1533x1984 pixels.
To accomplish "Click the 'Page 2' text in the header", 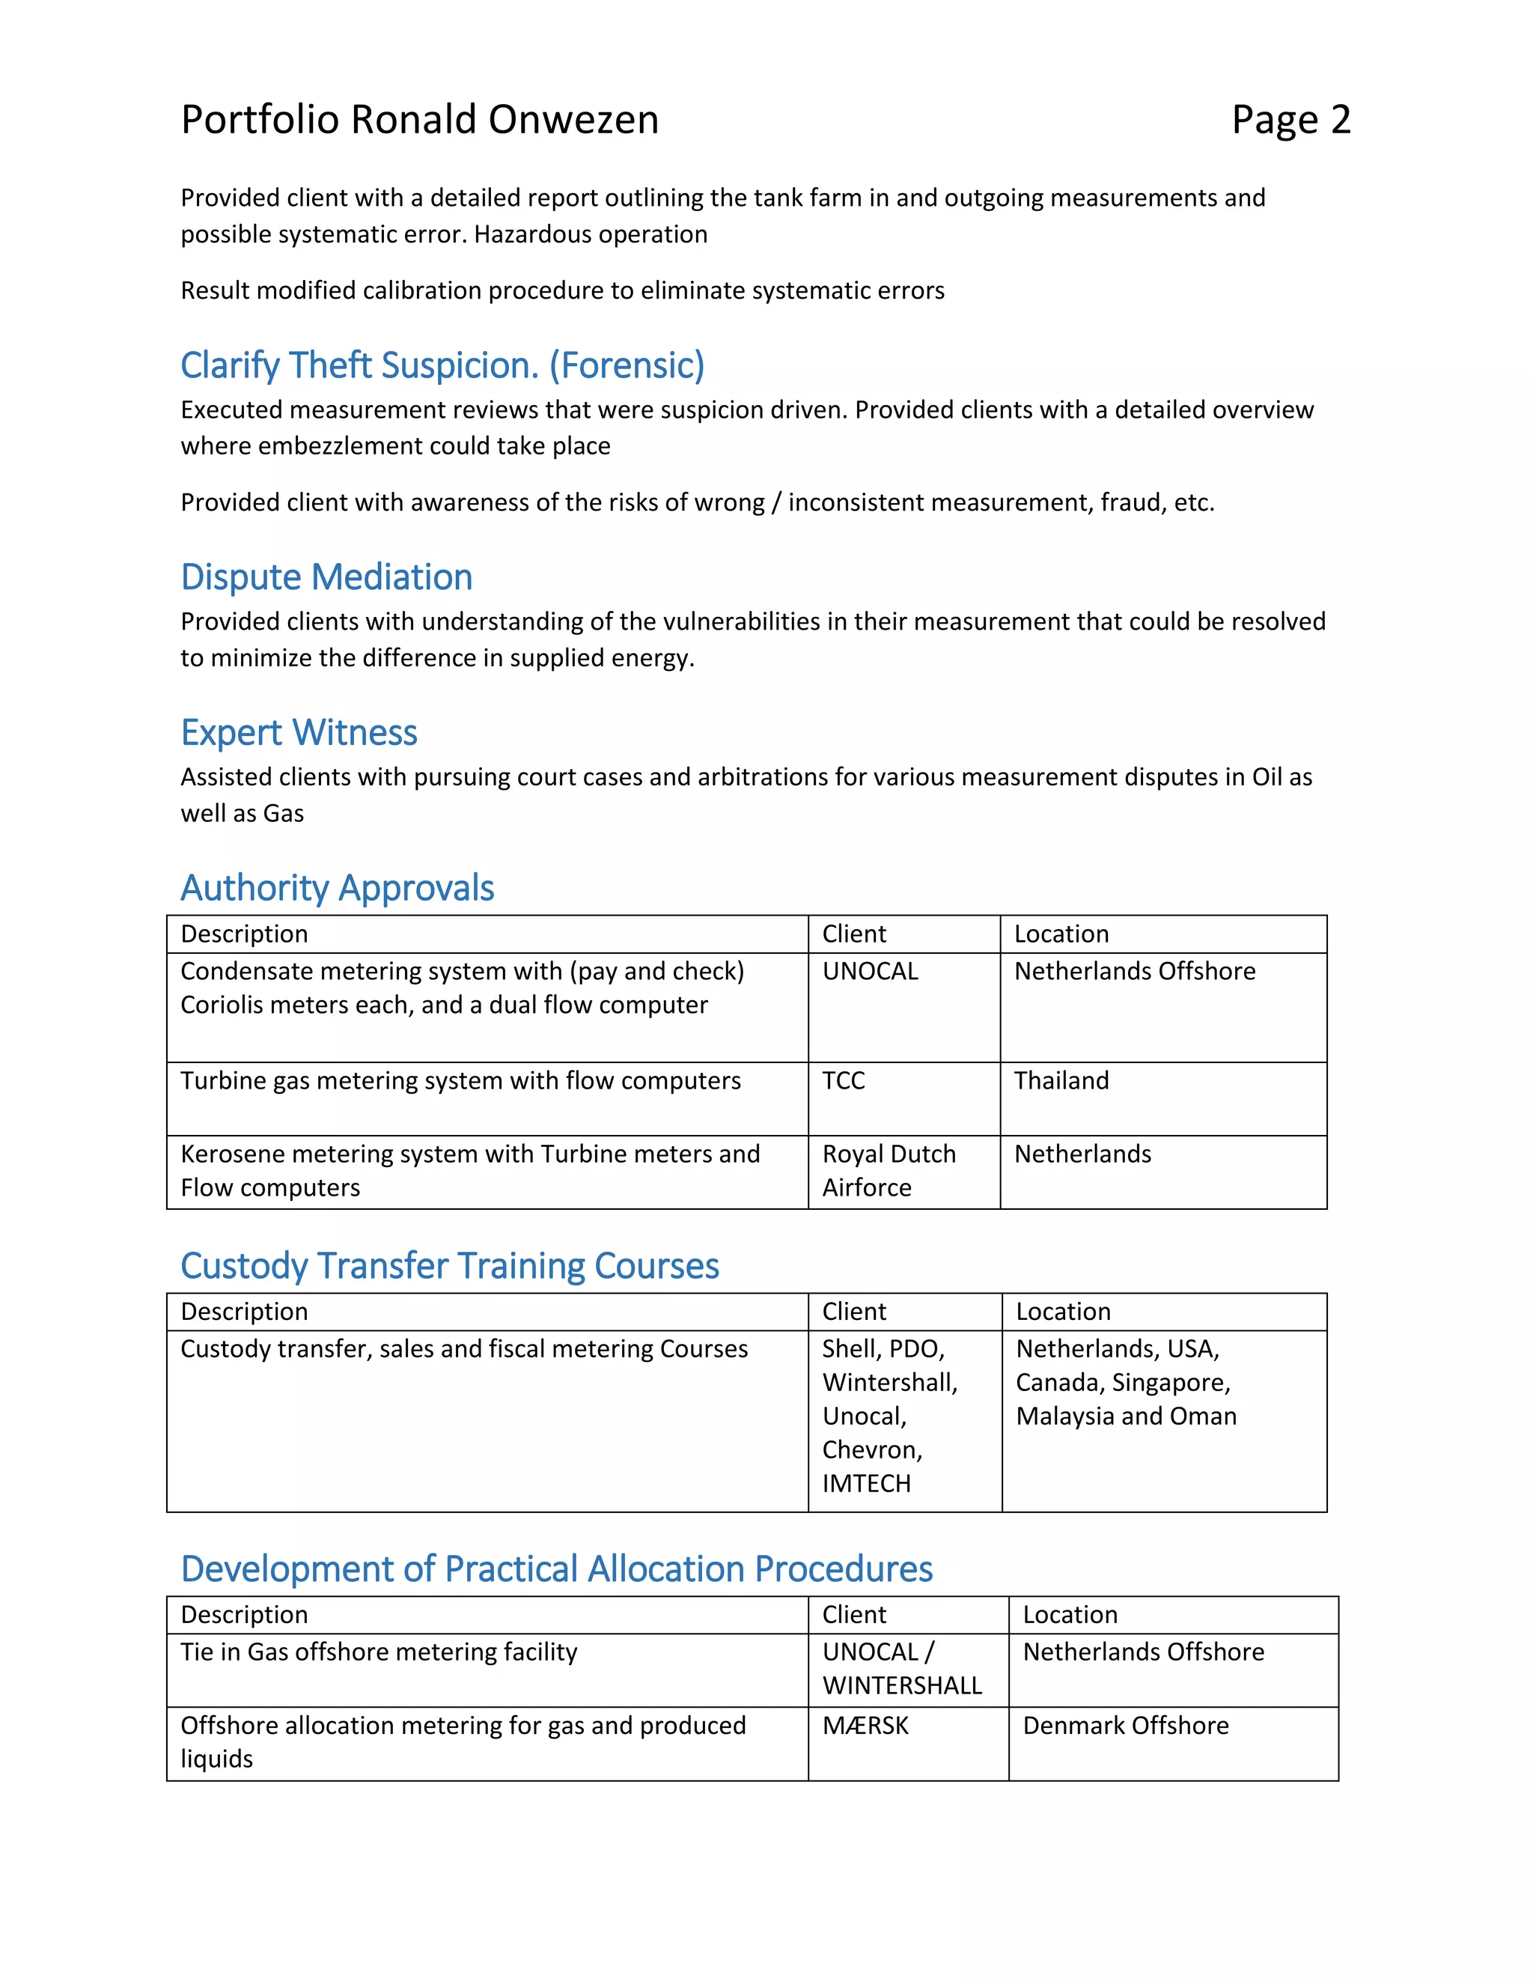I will tap(1290, 120).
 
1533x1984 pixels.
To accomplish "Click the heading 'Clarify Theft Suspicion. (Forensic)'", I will tap(442, 365).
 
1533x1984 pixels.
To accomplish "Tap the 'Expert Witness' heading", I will tap(299, 732).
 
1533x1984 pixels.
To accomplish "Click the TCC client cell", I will tap(844, 1080).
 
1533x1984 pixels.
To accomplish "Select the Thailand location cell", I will tap(1061, 1080).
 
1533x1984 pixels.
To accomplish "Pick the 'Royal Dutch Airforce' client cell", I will tap(889, 1170).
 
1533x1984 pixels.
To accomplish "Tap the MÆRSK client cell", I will tap(865, 1725).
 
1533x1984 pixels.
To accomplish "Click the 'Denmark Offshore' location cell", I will tap(1125, 1725).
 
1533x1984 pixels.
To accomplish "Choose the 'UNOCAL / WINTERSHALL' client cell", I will tap(901, 1669).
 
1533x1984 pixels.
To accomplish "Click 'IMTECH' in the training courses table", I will tap(865, 1483).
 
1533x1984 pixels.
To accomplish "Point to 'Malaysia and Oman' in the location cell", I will tap(1125, 1417).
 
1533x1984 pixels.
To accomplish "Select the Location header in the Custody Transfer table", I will tap(1063, 1312).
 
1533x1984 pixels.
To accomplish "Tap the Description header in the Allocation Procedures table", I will tap(244, 1614).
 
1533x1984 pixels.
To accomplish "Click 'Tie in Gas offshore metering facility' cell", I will tap(379, 1652).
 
